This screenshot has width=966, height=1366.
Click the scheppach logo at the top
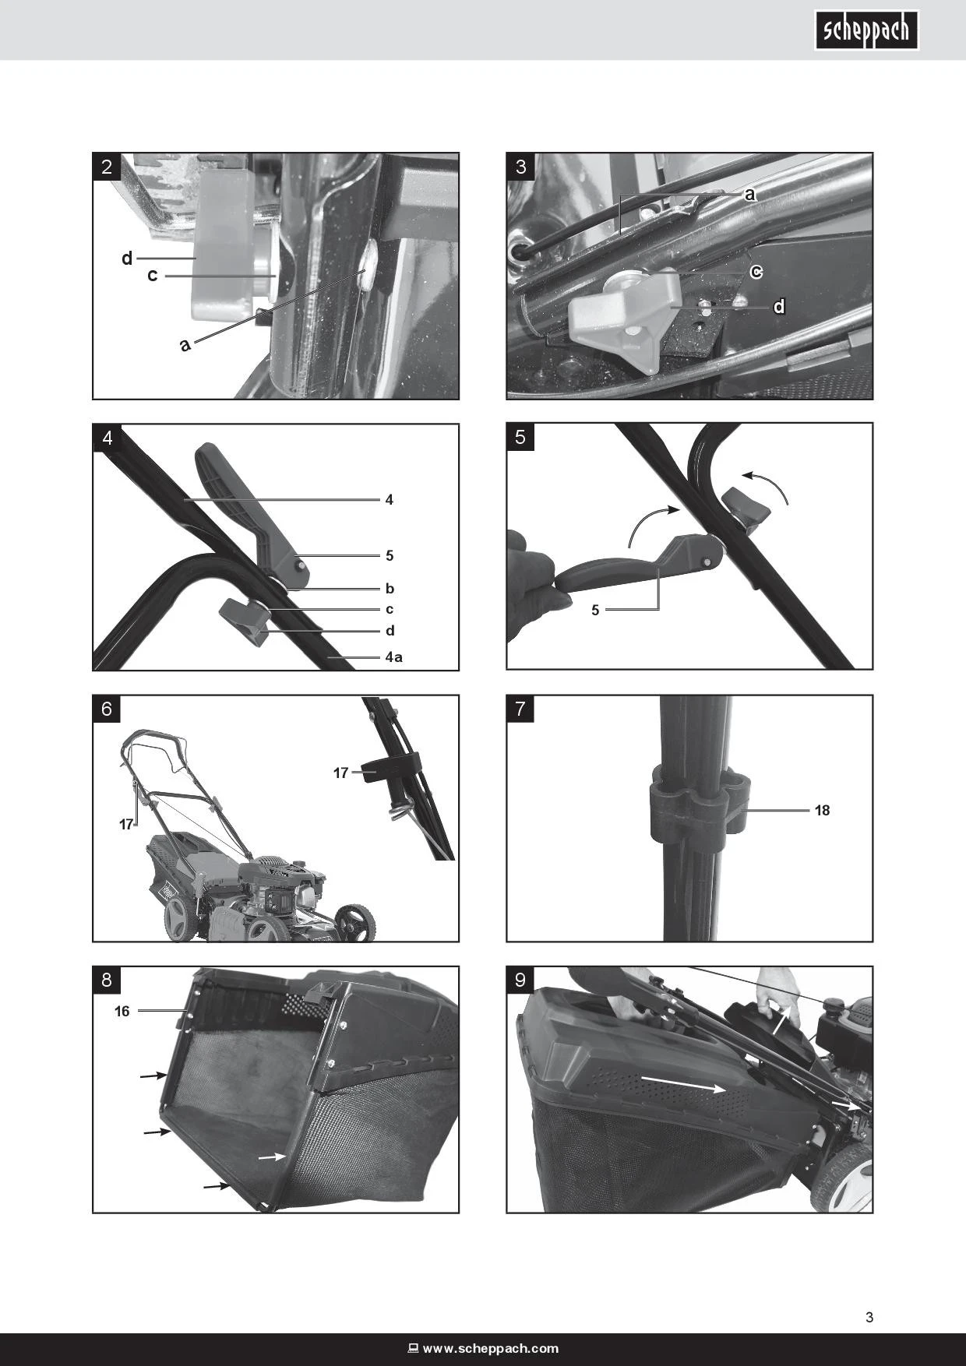(867, 30)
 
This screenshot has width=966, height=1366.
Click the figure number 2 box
(107, 167)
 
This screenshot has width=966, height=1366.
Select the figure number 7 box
(520, 709)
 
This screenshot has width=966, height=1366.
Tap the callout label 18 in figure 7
(822, 811)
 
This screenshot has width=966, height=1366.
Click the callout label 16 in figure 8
(122, 1012)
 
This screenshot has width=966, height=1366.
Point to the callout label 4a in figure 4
(394, 657)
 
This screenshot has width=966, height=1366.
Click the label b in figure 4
(390, 589)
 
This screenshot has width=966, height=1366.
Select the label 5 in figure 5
(595, 611)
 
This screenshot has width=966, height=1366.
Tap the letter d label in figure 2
(127, 258)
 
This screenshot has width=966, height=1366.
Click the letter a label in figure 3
(749, 195)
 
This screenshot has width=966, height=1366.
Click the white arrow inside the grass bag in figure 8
(272, 1157)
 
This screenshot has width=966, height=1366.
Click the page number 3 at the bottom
(869, 1318)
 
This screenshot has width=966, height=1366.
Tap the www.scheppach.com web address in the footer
(491, 1349)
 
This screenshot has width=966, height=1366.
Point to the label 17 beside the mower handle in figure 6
(126, 824)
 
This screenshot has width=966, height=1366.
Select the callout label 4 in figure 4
(390, 500)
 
